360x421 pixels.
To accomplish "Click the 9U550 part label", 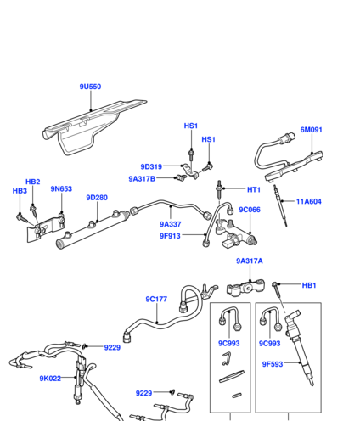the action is (x=90, y=87).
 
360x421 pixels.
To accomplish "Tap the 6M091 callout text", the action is (x=312, y=130).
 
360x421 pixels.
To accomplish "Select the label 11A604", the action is (x=309, y=201).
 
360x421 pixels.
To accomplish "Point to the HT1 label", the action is (x=254, y=189).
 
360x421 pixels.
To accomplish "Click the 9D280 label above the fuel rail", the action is (x=97, y=198).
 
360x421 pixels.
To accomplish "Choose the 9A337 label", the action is (x=171, y=224).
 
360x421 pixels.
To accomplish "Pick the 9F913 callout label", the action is (x=170, y=236).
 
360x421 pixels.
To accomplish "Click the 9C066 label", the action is (x=250, y=210).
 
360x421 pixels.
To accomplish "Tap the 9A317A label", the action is (x=250, y=261).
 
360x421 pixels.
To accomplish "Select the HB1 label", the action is (x=309, y=285).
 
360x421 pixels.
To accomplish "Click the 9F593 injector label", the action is (x=273, y=364).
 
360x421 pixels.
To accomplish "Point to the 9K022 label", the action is (x=50, y=379).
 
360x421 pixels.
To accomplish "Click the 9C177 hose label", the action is (x=156, y=299).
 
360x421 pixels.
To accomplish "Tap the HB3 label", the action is (x=20, y=191).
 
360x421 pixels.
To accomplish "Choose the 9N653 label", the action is (x=61, y=188).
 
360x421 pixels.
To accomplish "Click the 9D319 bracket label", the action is (x=151, y=166).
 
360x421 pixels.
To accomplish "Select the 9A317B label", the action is (x=142, y=179).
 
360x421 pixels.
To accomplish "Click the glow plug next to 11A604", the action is (x=280, y=205).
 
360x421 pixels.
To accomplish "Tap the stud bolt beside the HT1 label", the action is (x=219, y=189).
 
